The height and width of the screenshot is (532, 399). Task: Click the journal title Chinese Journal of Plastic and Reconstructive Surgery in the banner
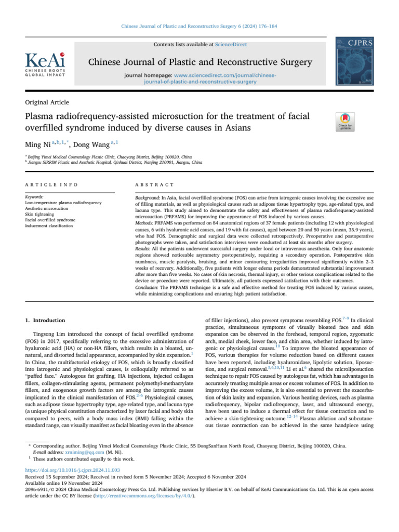click(x=199, y=63)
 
